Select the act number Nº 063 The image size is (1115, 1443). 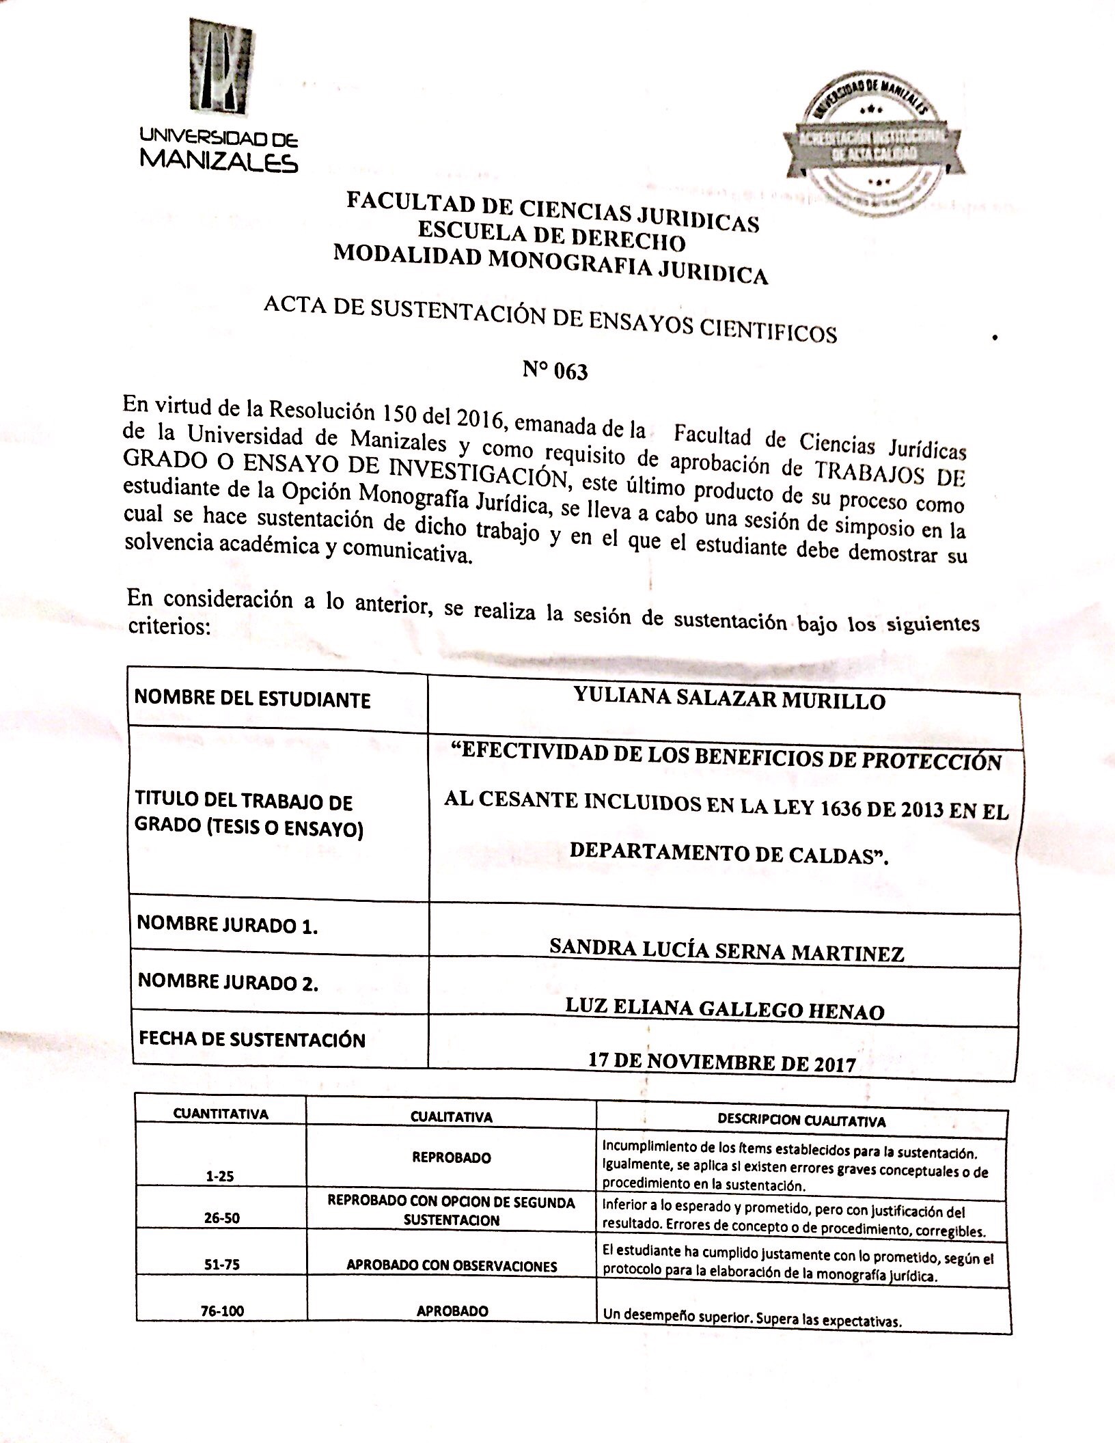(x=555, y=371)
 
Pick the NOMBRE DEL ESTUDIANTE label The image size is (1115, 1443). (x=253, y=699)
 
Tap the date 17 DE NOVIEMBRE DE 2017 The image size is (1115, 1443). (x=721, y=1062)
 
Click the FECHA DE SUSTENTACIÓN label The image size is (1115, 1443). (x=252, y=1039)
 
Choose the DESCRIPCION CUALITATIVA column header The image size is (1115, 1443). (x=801, y=1121)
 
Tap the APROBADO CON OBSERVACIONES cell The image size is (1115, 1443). (x=452, y=1265)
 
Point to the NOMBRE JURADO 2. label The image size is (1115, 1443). (x=228, y=982)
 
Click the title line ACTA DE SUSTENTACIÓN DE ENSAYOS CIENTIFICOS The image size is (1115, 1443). (x=550, y=321)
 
